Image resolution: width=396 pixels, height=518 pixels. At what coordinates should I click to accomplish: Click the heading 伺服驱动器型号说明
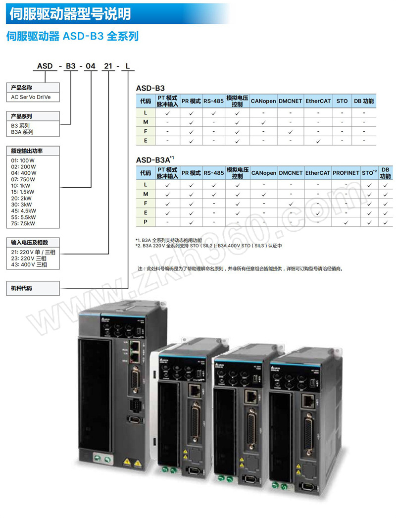(x=70, y=13)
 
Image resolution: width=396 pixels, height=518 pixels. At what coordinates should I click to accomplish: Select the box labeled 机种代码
(x=33, y=287)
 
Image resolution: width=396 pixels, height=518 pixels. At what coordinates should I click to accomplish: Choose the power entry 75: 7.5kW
(x=24, y=223)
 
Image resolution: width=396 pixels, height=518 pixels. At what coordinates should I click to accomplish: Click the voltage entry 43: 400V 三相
(x=29, y=265)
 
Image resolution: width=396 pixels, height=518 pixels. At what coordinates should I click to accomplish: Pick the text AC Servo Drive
(x=31, y=98)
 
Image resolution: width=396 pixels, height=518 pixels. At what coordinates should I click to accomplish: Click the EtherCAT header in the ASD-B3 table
(x=318, y=101)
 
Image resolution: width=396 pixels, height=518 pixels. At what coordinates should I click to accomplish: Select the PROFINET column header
(x=346, y=173)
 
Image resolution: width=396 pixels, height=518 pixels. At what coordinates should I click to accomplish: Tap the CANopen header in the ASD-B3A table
(x=263, y=173)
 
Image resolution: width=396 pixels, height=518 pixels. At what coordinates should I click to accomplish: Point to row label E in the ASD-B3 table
(x=146, y=141)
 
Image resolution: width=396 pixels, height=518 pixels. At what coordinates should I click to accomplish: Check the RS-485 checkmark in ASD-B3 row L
(x=214, y=112)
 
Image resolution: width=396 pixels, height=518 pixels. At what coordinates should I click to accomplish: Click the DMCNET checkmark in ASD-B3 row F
(x=291, y=131)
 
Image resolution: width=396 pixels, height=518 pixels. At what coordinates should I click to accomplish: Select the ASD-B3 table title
(x=150, y=88)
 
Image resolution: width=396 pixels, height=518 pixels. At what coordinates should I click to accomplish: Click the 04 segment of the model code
(x=91, y=66)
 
